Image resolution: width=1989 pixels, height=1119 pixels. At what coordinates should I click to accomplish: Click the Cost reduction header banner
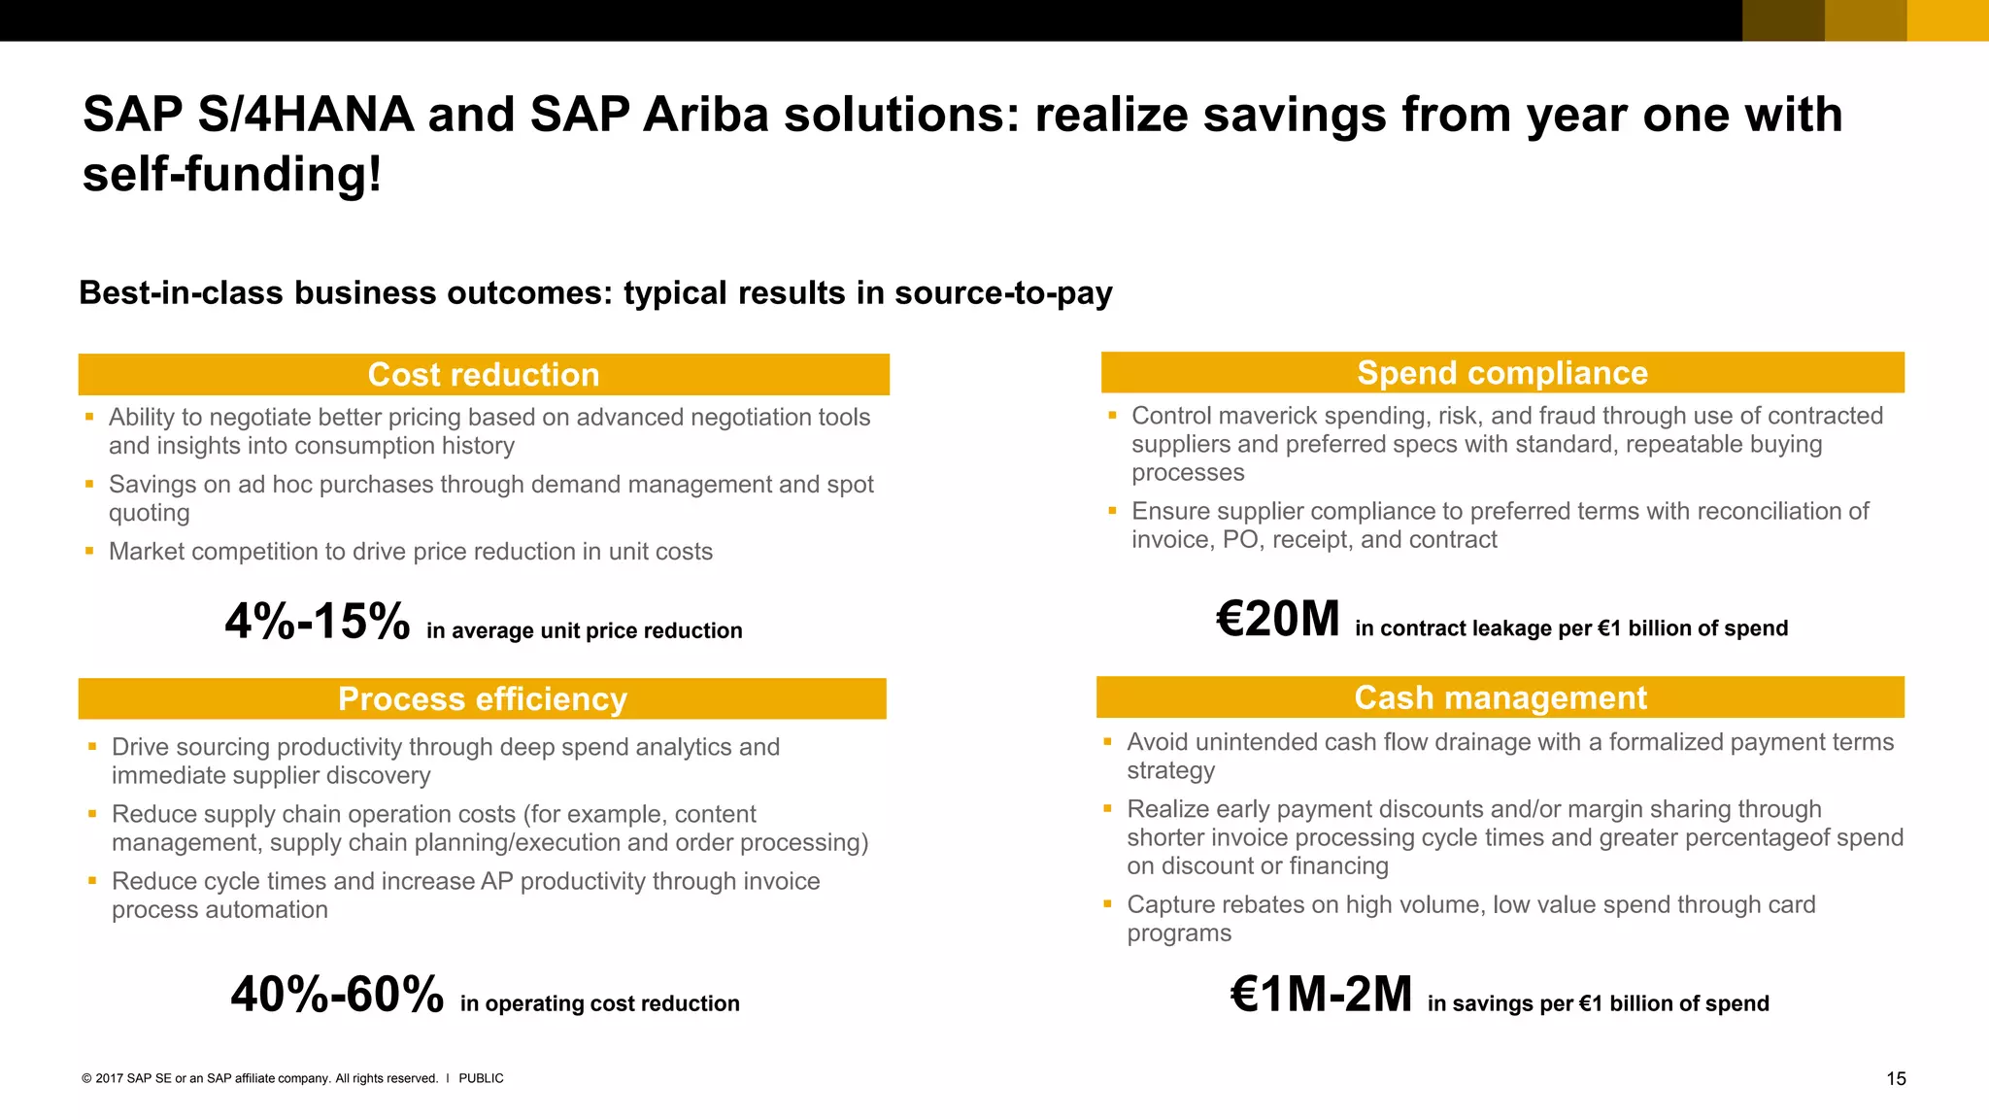click(484, 375)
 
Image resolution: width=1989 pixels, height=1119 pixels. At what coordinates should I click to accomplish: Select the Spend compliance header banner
click(1501, 373)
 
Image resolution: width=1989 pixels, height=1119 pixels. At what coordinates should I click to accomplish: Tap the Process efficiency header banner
click(482, 699)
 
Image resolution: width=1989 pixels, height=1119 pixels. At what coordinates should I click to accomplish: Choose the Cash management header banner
click(1500, 697)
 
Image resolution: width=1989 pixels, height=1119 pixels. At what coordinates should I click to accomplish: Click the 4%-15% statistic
click(318, 622)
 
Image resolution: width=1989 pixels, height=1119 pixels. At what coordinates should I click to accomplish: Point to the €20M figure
click(1278, 620)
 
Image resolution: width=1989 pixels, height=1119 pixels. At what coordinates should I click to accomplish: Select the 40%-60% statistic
click(337, 995)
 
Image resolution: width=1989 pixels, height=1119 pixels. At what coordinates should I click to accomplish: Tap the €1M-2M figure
click(1321, 995)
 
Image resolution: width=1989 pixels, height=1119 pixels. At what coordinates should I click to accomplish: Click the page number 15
click(1896, 1079)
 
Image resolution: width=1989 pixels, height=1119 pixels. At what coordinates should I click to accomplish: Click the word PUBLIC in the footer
click(481, 1079)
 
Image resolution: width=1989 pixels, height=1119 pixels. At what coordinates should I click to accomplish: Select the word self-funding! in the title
click(232, 176)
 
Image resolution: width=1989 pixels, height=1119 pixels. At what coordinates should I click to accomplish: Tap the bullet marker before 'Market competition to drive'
click(89, 551)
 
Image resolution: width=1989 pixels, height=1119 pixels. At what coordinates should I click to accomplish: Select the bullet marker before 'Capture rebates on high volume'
click(1107, 904)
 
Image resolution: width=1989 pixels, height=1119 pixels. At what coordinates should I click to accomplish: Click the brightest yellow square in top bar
click(1947, 20)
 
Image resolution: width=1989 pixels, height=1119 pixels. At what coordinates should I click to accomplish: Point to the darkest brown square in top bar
click(1783, 20)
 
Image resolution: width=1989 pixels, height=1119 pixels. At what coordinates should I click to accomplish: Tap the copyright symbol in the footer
click(86, 1079)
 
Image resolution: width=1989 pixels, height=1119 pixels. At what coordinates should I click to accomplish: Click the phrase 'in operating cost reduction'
click(599, 1004)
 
